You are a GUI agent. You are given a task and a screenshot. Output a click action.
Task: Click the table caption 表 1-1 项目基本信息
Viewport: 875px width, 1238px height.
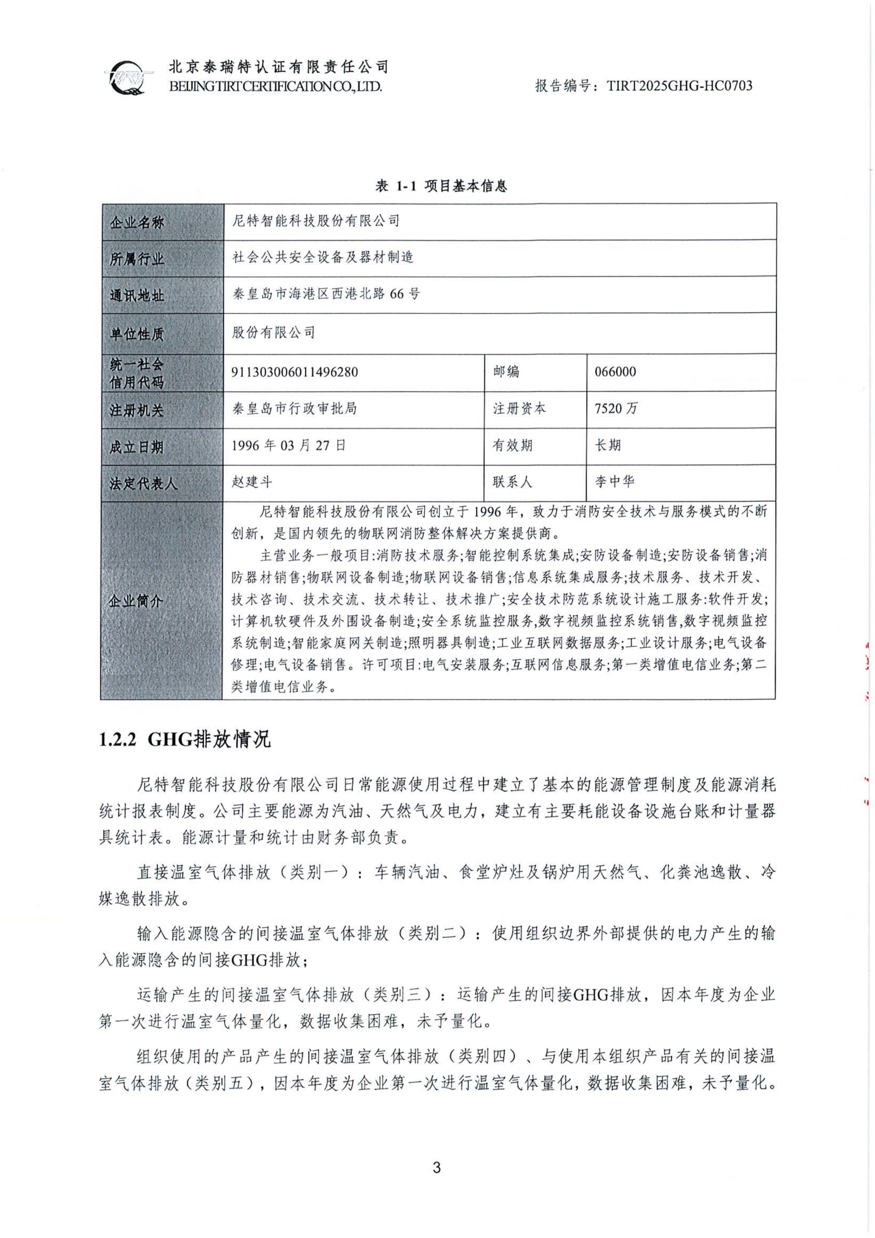[441, 186]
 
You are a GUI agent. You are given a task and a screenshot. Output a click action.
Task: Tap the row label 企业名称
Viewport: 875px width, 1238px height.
[137, 223]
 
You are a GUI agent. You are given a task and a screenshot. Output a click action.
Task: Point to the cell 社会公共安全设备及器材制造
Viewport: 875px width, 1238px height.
[323, 257]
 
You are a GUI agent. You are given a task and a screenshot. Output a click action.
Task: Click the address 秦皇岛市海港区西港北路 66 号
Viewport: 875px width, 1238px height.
[326, 294]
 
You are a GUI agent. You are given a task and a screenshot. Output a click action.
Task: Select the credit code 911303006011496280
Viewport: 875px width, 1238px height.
[295, 372]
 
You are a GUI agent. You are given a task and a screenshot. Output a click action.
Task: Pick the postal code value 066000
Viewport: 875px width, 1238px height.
[615, 372]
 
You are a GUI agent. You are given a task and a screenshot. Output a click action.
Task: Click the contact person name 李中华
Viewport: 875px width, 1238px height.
[615, 482]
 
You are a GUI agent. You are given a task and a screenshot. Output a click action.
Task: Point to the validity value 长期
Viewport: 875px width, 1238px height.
[607, 446]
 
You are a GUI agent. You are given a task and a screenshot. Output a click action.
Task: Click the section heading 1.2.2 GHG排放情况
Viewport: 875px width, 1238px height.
[185, 740]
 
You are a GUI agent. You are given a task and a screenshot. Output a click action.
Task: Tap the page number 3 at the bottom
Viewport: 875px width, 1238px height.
[437, 1167]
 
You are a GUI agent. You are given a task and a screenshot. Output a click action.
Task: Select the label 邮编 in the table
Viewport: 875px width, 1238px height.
[506, 372]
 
